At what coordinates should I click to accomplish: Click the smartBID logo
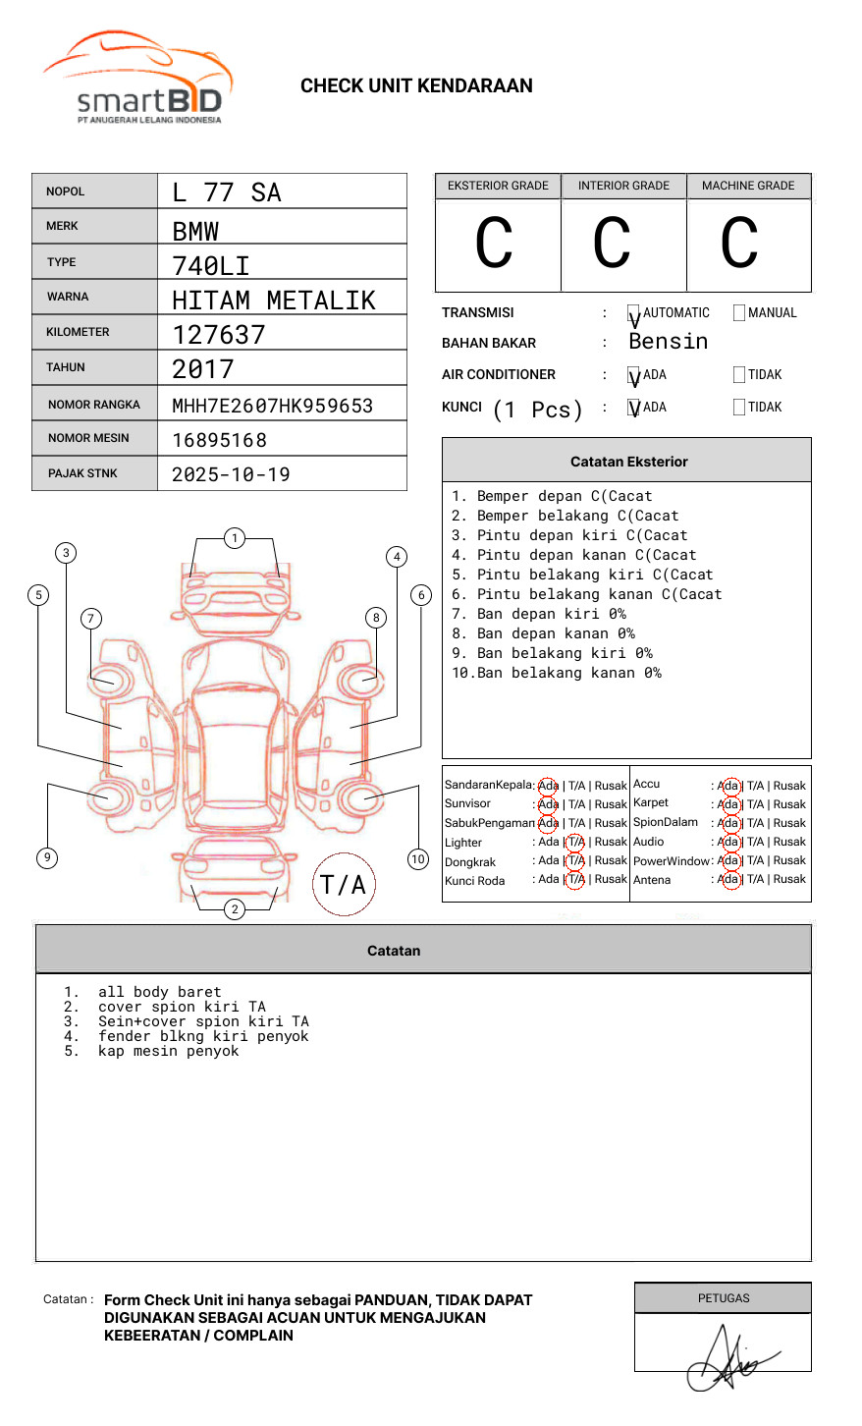(138, 77)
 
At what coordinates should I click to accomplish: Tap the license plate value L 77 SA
(227, 192)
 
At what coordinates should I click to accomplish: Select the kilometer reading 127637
(218, 335)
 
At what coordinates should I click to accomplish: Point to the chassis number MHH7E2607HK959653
(273, 406)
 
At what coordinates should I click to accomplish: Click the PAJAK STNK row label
(82, 473)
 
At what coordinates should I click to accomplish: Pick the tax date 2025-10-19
(231, 474)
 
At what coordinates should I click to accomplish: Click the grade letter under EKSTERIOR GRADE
(494, 243)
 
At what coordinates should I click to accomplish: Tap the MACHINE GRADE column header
(748, 186)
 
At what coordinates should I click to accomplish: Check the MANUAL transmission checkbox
(739, 312)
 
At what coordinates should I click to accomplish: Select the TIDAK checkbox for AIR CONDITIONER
(739, 374)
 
